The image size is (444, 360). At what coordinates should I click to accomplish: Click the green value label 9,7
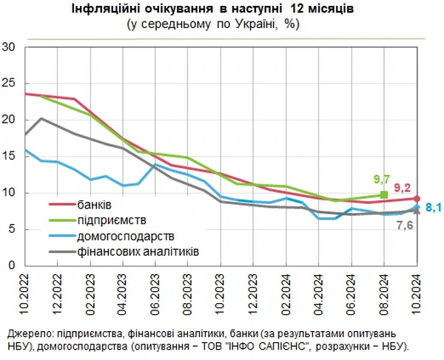pyautogui.click(x=382, y=180)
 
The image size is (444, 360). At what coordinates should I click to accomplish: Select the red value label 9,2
pyautogui.click(x=403, y=188)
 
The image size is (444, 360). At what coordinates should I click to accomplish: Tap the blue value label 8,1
pyautogui.click(x=433, y=207)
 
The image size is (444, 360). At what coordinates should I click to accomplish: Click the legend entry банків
pyautogui.click(x=95, y=203)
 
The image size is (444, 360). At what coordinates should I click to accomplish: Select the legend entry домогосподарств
pyautogui.click(x=125, y=236)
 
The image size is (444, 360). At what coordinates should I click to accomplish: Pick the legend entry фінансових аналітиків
pyautogui.click(x=138, y=252)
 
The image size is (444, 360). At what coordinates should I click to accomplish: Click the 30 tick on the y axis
pyautogui.click(x=10, y=47)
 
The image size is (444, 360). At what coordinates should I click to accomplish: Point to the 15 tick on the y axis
pyautogui.click(x=10, y=156)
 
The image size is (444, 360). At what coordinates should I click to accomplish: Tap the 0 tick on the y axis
pyautogui.click(x=13, y=265)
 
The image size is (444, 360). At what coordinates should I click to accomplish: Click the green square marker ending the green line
pyautogui.click(x=384, y=195)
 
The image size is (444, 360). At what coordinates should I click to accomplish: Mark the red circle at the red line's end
pyautogui.click(x=417, y=198)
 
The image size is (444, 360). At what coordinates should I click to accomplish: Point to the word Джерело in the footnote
pyautogui.click(x=27, y=331)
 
